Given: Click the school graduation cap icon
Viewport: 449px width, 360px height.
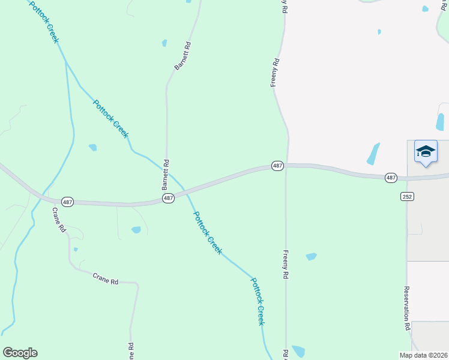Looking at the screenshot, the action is [x=426, y=152].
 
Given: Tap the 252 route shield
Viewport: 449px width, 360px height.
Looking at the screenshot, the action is [x=407, y=196].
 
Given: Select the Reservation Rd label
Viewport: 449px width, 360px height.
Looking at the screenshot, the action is [x=406, y=308].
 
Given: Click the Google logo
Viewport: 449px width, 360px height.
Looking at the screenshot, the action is [x=20, y=353].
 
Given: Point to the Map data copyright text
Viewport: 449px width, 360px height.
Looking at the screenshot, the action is [x=424, y=355].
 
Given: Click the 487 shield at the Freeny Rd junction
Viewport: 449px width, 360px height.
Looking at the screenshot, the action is [x=277, y=166].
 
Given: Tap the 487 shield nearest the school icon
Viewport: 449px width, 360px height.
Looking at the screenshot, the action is [x=391, y=178].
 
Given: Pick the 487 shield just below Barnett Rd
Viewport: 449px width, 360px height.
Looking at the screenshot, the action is [x=168, y=197].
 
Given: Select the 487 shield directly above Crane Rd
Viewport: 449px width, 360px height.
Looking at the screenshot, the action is [x=67, y=202].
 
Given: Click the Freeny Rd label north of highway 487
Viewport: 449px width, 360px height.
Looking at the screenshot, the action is [x=276, y=73].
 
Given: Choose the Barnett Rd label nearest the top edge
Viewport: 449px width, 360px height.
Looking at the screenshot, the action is [x=182, y=56].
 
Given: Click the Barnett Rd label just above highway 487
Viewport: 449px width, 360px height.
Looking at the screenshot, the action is [x=166, y=175].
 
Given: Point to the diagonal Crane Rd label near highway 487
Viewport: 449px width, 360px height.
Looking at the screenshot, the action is [x=58, y=220].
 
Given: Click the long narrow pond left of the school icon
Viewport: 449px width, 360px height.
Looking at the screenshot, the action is [x=373, y=154].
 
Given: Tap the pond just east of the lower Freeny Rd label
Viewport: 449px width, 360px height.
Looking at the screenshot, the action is [x=311, y=257].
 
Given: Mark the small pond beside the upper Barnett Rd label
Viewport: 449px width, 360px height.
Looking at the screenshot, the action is [x=164, y=43].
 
